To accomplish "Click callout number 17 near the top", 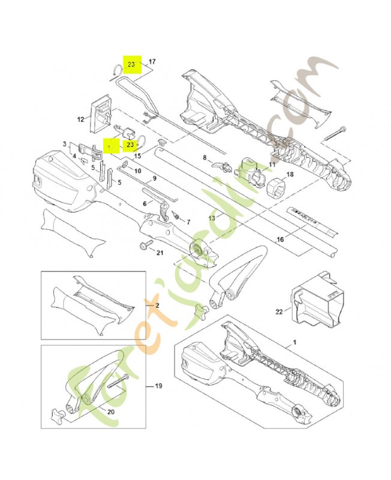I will (152, 62).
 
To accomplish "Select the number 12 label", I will (80, 119).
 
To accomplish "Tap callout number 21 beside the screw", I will (160, 252).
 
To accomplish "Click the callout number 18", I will (290, 175).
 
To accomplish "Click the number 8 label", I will (204, 158).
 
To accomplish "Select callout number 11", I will (272, 164).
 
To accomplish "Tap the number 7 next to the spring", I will (188, 221).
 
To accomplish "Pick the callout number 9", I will (154, 178).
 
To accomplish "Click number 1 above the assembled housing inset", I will (294, 341).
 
